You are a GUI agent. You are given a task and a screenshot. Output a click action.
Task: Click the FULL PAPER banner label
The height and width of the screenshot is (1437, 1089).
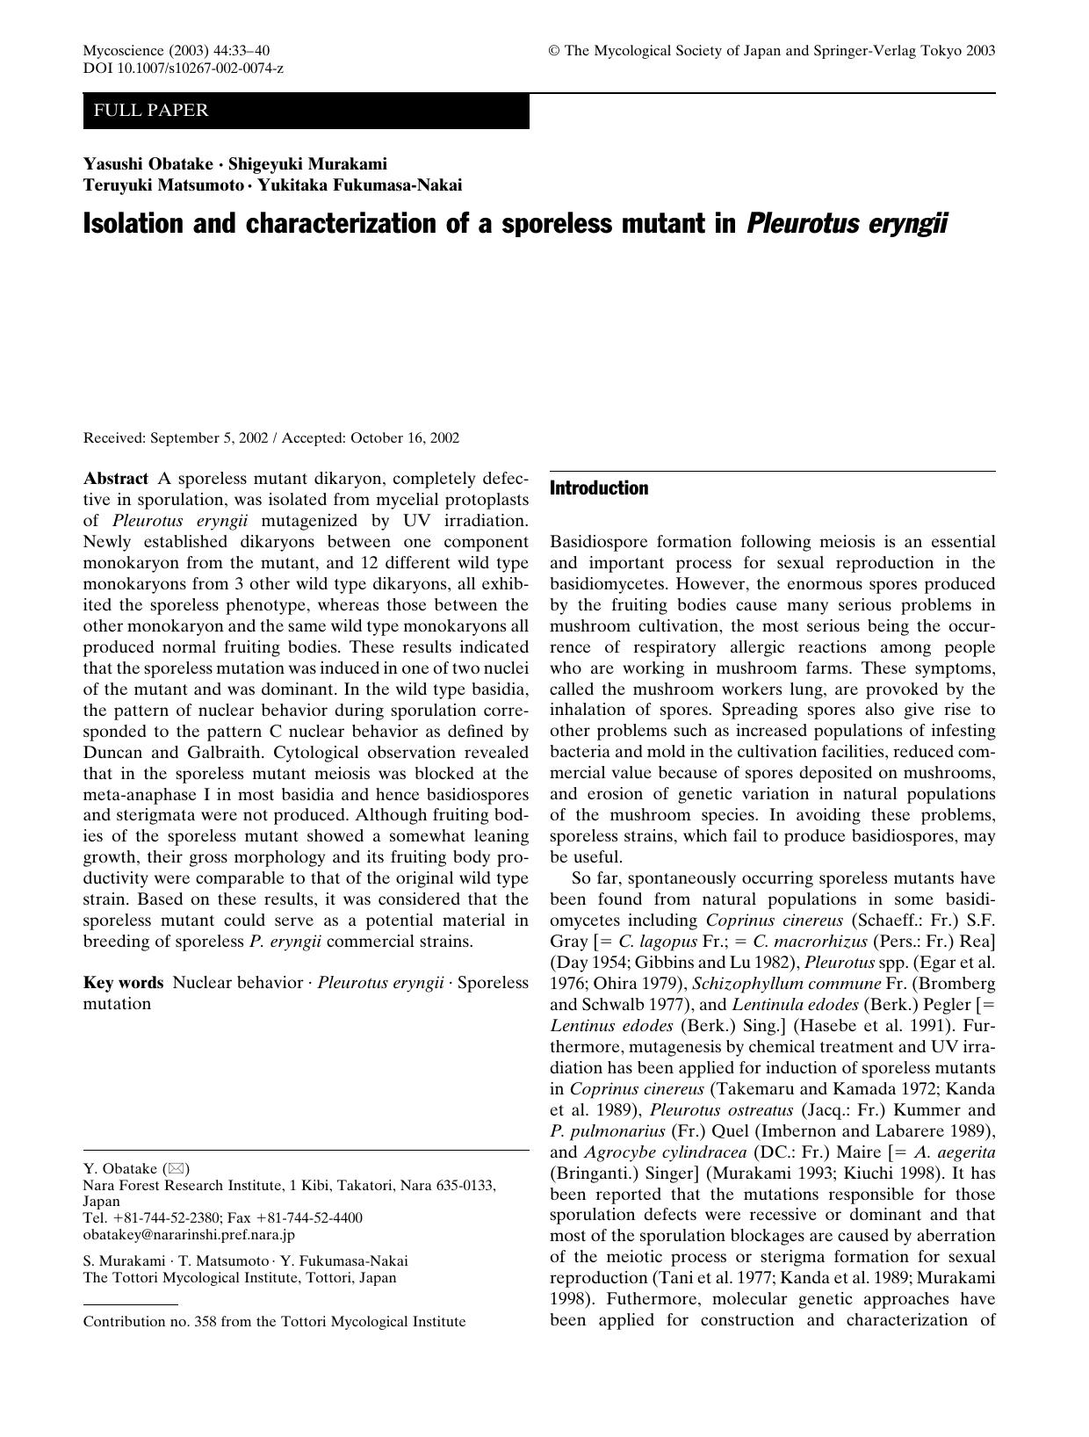(x=150, y=111)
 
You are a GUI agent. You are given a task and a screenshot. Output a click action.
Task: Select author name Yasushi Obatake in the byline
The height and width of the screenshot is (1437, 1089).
(x=148, y=163)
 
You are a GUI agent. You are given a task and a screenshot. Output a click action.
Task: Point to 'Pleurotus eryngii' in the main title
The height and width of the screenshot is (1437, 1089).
(x=847, y=223)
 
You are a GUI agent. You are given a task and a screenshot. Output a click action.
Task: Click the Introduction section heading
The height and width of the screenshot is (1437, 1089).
(x=599, y=488)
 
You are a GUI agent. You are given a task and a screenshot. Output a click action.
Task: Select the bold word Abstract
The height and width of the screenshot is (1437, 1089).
(x=115, y=479)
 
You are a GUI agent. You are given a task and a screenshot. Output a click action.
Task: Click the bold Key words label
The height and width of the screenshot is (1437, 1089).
(x=123, y=982)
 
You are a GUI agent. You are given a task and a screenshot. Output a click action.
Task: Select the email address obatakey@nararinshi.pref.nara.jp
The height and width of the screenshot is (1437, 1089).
(x=189, y=1233)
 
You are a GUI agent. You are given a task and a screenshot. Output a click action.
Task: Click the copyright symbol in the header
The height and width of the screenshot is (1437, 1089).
(x=554, y=51)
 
